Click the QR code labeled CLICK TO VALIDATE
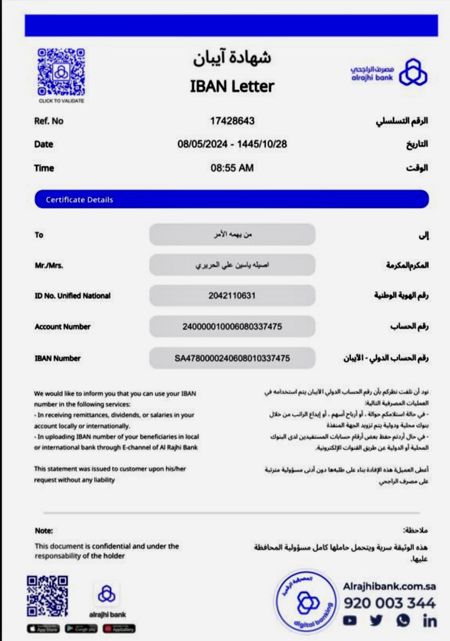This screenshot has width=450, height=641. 61,72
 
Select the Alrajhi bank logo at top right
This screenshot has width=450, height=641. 389,73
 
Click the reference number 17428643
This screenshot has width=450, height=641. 232,121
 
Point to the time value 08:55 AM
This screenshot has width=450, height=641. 232,168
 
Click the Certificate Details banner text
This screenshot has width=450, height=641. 80,200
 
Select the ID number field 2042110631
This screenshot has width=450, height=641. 232,296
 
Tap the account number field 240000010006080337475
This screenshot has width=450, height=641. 232,327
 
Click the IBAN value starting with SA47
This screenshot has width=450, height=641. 232,358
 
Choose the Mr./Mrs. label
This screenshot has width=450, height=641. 49,266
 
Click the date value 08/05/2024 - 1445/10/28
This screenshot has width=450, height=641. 232,144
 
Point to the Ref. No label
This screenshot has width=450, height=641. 49,121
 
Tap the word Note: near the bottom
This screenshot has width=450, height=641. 44,531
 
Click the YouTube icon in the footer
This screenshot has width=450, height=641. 350,620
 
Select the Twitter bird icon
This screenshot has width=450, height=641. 376,620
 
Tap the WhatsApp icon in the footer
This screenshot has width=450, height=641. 403,620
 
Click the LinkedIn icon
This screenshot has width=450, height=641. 429,621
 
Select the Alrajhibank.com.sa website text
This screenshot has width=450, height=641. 389,587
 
